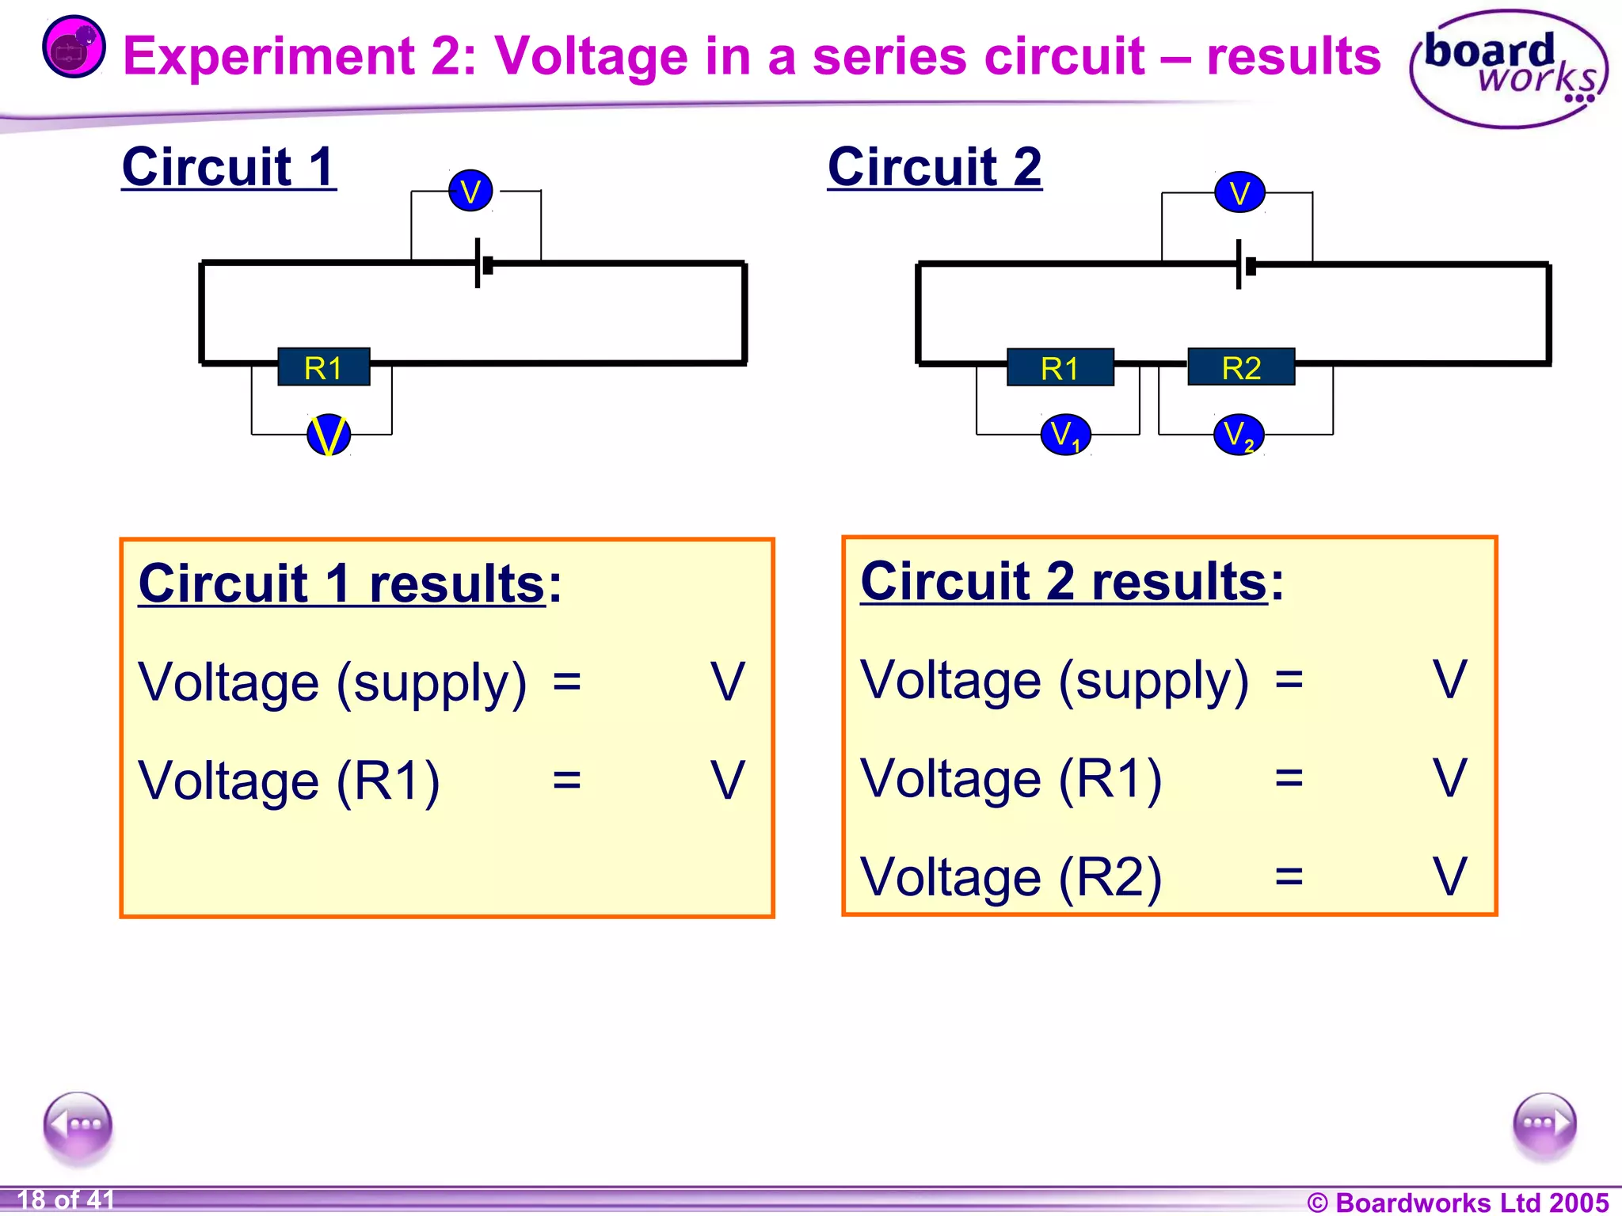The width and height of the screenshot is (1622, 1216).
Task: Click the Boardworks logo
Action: (x=1508, y=70)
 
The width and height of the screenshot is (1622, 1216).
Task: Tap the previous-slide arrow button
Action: (x=78, y=1124)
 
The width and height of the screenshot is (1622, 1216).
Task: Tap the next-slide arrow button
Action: (x=1544, y=1124)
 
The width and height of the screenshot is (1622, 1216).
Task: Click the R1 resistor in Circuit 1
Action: (x=324, y=367)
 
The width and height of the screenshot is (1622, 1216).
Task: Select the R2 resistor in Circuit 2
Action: (x=1241, y=367)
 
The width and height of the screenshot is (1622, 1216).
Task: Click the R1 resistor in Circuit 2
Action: (x=1060, y=368)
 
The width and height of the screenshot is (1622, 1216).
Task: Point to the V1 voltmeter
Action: (x=1065, y=435)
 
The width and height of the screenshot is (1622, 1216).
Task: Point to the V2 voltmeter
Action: (x=1239, y=435)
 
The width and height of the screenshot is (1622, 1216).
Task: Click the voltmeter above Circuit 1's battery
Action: (x=470, y=192)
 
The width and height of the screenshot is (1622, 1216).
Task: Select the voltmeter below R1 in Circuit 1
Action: (x=329, y=435)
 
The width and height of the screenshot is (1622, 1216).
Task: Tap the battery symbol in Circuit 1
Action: (x=483, y=264)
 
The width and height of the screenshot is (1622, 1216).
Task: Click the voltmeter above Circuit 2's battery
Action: (x=1239, y=193)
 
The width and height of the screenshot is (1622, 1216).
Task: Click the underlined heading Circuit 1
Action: (x=229, y=168)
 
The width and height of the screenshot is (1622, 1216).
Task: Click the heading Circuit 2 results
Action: (x=1064, y=582)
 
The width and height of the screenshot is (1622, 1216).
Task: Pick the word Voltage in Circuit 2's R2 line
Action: (x=950, y=877)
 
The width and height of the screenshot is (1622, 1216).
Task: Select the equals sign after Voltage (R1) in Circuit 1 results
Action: (x=567, y=781)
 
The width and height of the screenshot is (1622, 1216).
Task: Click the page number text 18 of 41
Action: (x=67, y=1200)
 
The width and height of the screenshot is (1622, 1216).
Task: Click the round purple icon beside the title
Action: (x=73, y=47)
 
